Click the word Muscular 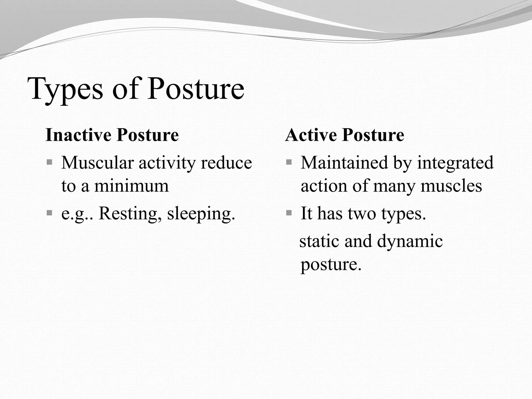coord(97,163)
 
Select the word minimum coord(131,186)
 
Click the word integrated coord(455,163)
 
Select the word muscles coord(451,186)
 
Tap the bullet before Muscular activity coord(49,163)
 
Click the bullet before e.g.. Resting coord(49,213)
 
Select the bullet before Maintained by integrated coord(289,163)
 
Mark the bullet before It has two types coord(289,213)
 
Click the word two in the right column coord(362,214)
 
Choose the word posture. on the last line coord(331,265)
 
